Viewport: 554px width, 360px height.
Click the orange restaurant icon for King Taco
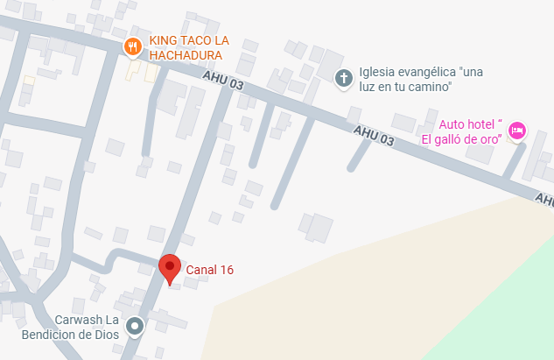pyautogui.click(x=132, y=46)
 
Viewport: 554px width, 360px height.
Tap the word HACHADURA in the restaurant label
pyautogui.click(x=184, y=55)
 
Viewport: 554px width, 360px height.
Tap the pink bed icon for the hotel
pyautogui.click(x=516, y=131)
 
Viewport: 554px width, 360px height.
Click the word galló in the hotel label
pyautogui.click(x=460, y=138)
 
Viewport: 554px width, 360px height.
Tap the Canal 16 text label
pyautogui.click(x=209, y=270)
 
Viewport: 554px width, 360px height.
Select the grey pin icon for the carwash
pyautogui.click(x=135, y=327)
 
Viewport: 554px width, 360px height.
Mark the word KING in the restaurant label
pyautogui.click(x=163, y=41)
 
